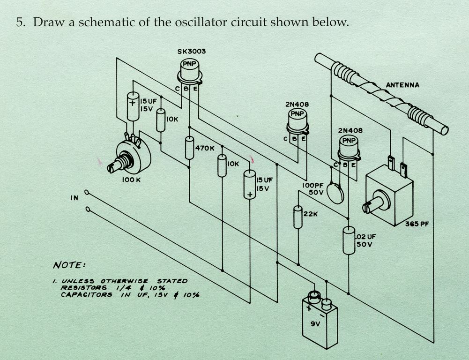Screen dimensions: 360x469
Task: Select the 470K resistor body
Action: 189,148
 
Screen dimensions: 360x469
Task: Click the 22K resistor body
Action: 298,217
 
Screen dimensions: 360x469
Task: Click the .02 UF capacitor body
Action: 349,240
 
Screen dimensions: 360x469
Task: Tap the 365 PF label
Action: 417,224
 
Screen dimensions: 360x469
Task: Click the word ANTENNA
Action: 402,85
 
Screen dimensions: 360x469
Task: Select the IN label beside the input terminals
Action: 74,198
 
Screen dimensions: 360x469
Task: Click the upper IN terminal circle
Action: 87,192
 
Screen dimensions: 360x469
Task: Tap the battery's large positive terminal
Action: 313,296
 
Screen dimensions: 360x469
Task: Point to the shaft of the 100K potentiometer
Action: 113,165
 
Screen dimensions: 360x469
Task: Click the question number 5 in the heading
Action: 20,22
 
